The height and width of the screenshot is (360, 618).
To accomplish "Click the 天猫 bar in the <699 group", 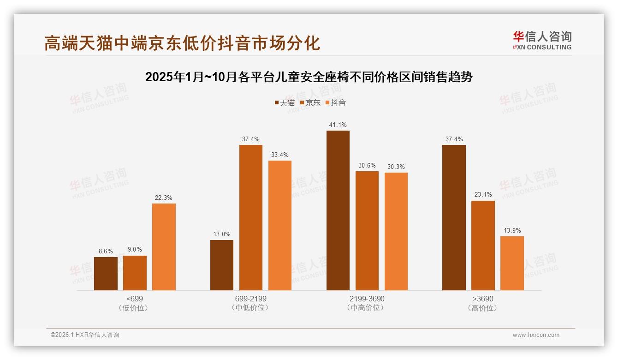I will pos(106,273).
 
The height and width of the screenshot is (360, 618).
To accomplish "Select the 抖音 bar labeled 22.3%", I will pos(164,247).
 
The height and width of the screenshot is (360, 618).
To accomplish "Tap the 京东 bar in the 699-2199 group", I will pos(250,217).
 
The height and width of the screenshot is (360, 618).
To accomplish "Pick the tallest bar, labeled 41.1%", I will pos(338,210).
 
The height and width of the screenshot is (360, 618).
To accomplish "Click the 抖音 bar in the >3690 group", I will pos(512,263).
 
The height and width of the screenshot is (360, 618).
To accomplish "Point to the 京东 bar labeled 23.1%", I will pos(483,245).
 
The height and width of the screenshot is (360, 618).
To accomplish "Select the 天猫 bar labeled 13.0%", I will pos(222,265).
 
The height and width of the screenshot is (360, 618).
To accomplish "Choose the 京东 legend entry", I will pos(310,102).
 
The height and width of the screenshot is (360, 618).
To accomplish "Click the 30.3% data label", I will pos(396,167).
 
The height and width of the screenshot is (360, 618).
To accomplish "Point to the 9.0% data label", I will pos(135,250).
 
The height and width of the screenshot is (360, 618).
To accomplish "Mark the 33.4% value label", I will pos(280,155).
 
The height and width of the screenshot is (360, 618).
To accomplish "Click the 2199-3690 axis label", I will pos(367,299).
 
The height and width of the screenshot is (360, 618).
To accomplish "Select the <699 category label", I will pos(135,299).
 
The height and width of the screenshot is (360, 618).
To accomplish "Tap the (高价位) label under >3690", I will pos(483,308).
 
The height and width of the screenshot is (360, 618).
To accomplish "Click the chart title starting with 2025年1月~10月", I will pos(309,77).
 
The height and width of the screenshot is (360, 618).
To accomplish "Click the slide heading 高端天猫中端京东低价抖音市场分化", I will pos(182,43).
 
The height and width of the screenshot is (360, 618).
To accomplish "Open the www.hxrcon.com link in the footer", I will pos(536,335).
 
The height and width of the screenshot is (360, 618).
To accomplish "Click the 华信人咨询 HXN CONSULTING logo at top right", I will pos(542,40).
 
